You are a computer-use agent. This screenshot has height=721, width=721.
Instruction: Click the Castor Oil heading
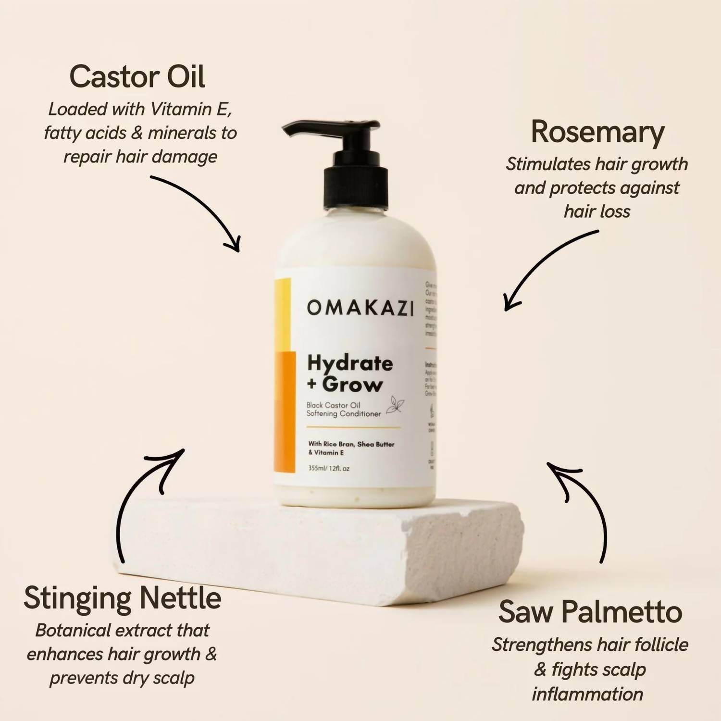(x=137, y=77)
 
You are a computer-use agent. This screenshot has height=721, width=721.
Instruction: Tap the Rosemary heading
(x=597, y=132)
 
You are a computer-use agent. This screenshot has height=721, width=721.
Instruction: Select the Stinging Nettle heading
(x=122, y=598)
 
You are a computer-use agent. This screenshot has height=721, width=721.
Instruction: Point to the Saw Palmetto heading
(x=590, y=612)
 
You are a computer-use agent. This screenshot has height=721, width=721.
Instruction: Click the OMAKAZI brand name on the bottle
(x=360, y=308)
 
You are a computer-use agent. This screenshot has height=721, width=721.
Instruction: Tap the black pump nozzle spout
(x=308, y=128)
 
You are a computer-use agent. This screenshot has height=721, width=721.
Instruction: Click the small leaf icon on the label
(x=396, y=405)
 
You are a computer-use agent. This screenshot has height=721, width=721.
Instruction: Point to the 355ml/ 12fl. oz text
(x=329, y=468)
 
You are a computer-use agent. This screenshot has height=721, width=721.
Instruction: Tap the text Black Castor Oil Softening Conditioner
(x=343, y=410)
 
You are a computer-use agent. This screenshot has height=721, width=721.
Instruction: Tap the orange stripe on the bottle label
(x=284, y=411)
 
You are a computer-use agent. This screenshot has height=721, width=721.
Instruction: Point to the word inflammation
(x=587, y=694)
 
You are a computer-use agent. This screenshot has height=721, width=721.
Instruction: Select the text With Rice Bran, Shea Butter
(x=351, y=444)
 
